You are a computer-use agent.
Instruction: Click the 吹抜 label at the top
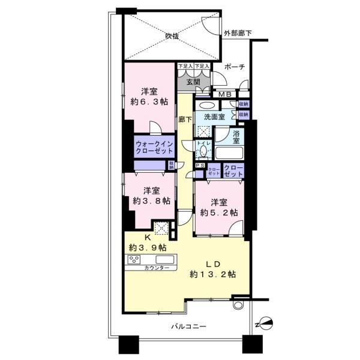[172, 37]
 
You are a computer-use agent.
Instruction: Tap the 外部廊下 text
[237, 32]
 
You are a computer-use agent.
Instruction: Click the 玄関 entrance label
[193, 82]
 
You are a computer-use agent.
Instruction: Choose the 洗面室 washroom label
[214, 116]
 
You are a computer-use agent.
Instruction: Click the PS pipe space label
[199, 165]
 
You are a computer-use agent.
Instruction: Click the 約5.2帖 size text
[218, 212]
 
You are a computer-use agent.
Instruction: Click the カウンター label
[157, 268]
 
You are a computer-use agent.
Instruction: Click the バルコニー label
[188, 326]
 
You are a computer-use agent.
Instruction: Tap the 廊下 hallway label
[185, 119]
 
